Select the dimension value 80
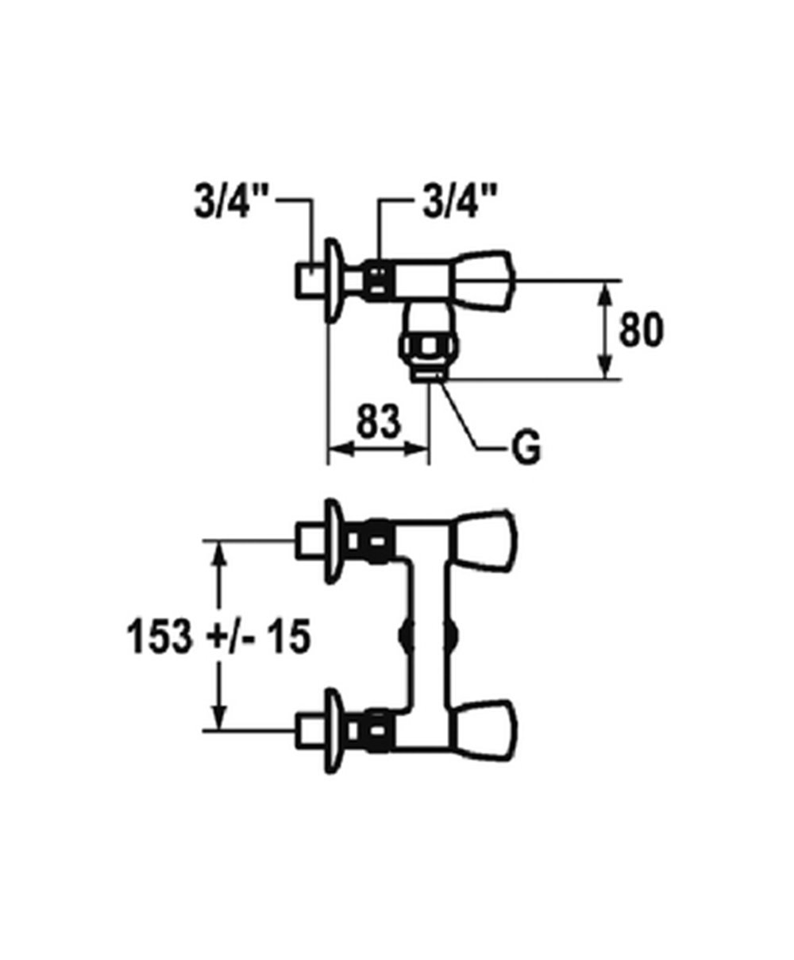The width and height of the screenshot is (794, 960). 642,329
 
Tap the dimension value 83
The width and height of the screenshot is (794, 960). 379,421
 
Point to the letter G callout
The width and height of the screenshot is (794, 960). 526,447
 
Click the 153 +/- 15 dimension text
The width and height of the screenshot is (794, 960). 218,637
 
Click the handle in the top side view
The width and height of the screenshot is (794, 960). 483,285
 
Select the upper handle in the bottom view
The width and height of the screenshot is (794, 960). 485,542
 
